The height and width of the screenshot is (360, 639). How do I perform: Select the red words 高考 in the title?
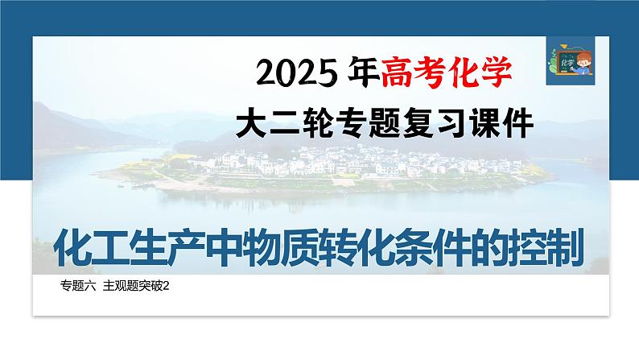coord(413,72)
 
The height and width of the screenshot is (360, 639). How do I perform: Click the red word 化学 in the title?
coord(479,72)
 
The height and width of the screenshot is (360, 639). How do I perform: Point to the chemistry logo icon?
coord(571,60)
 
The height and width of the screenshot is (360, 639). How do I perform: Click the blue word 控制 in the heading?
coord(543,248)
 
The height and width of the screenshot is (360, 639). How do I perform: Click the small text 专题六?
coord(78,286)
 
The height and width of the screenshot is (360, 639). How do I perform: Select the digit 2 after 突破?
coord(166,287)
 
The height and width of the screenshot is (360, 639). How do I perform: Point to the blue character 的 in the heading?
coord(486,248)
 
